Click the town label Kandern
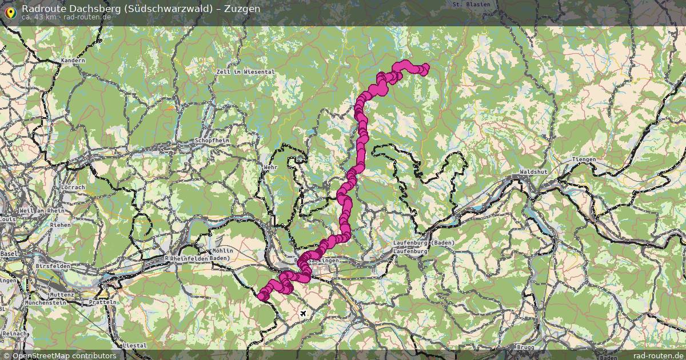point(73,61)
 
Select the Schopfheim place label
point(212,140)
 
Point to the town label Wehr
point(270,167)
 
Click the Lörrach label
point(72,187)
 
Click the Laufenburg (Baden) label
point(424,243)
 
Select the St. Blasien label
point(471,4)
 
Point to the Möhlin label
point(222,251)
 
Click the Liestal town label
point(135,346)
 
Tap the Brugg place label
point(524,347)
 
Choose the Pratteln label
point(102,302)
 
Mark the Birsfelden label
point(53,266)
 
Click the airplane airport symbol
point(303,314)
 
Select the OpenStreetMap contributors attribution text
point(64,355)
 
